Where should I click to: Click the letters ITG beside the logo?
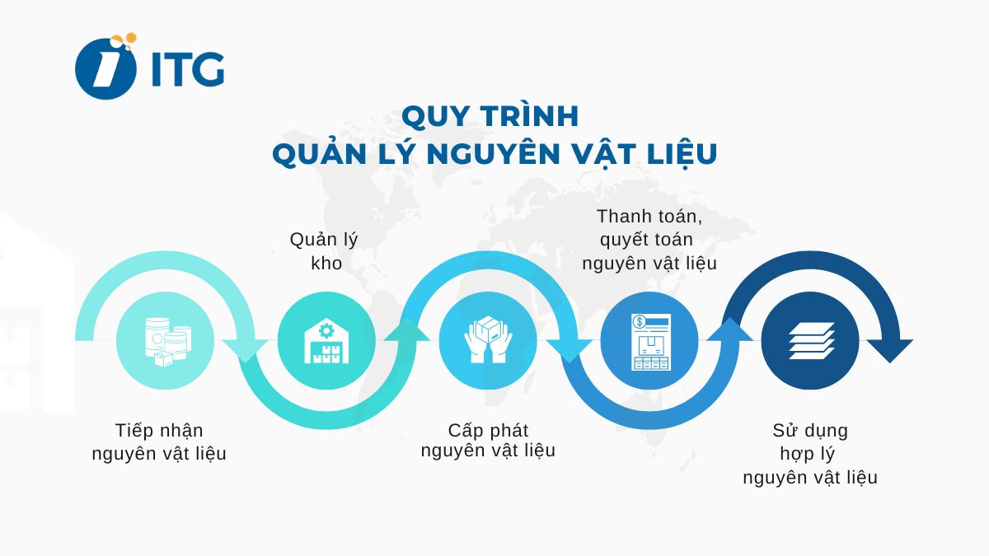pos(188,71)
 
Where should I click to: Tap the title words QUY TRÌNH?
pos(490,116)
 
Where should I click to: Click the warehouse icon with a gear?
pos(326,340)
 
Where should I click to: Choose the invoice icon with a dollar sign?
pos(649,340)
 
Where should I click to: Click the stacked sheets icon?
pos(811,340)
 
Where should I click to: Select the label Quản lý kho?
pos(324,251)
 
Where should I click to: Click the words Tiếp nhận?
pos(159,430)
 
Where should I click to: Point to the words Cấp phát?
pos(489,430)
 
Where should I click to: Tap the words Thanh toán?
pos(649,216)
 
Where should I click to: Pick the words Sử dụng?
pos(810,430)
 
